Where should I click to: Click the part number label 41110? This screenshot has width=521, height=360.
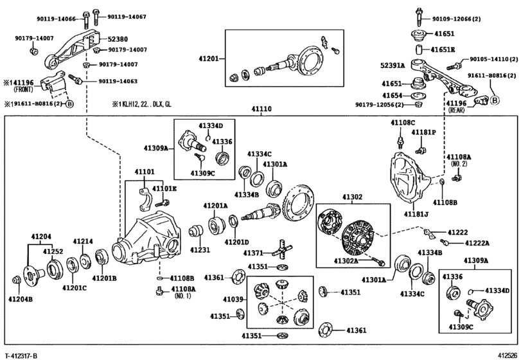point(261,109)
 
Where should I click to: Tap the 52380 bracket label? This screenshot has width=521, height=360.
point(118,39)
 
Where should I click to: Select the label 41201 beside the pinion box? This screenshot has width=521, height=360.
point(209,59)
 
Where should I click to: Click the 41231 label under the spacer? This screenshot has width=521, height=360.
point(200,249)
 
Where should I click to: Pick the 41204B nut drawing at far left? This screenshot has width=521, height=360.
point(15,280)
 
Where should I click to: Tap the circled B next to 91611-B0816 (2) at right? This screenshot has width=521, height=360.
point(495,100)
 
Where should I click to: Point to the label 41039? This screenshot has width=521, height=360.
point(233,300)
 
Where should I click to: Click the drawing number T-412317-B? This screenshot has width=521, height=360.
point(21,356)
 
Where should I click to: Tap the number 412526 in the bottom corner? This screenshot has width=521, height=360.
point(508,355)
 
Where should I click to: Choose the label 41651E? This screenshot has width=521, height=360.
point(443,50)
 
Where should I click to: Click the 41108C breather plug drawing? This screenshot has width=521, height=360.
point(401,141)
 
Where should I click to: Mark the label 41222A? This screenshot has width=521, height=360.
point(477,244)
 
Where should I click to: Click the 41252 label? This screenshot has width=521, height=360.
point(53,251)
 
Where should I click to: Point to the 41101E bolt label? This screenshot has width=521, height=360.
point(164,189)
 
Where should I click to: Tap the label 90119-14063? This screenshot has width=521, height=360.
point(117,81)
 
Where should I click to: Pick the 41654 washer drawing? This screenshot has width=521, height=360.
point(420,96)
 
